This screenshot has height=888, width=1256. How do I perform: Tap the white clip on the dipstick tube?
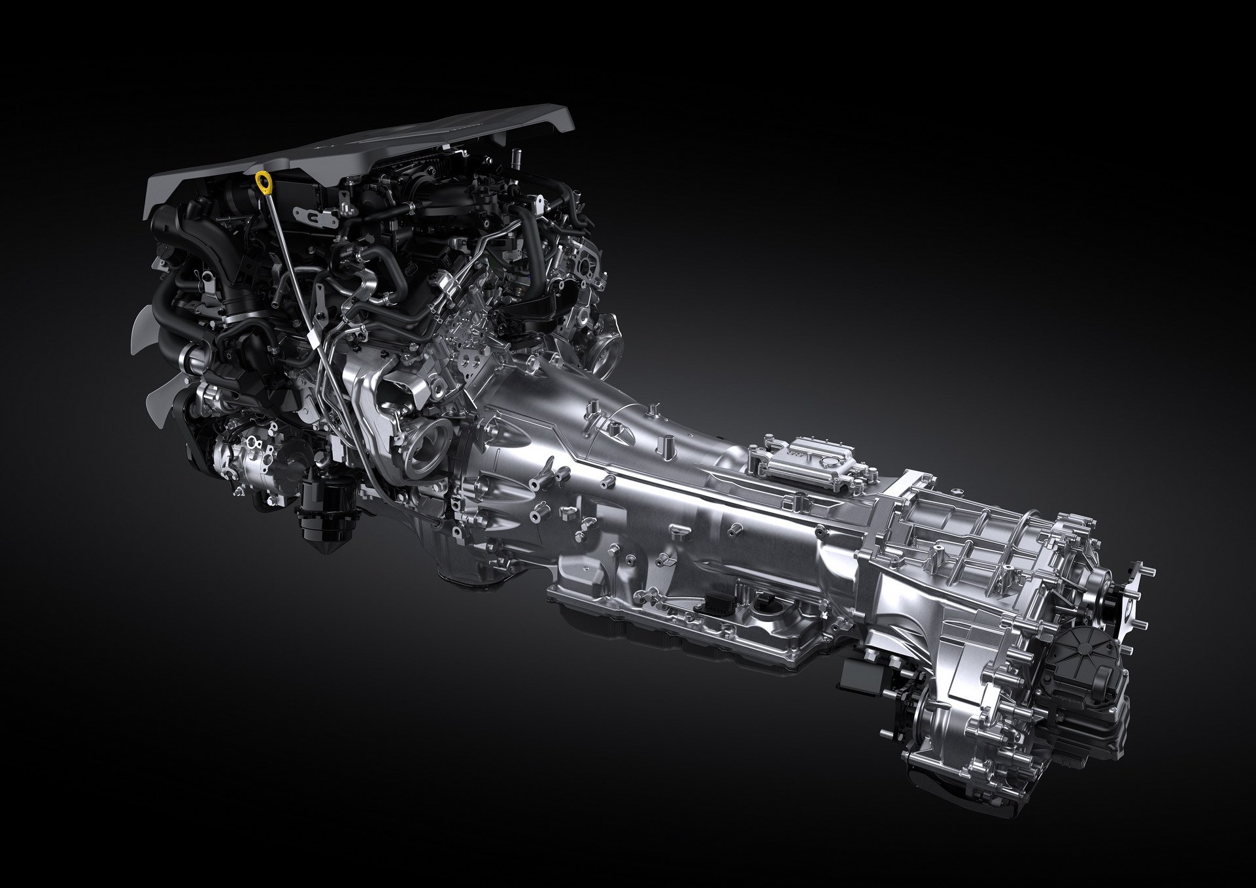[313, 339]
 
